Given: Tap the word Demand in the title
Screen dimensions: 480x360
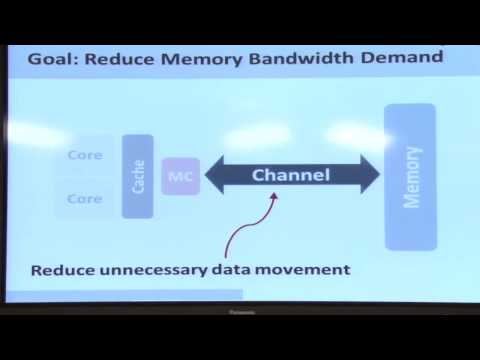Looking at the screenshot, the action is pos(407,57).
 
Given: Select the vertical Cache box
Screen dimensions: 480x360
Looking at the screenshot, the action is pos(137,176).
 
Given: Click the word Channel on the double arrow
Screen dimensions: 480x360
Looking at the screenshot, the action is pos(290,176).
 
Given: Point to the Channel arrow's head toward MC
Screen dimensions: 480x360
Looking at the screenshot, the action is pos(213,176).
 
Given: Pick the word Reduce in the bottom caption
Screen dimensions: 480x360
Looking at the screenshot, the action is pos(62,270).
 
